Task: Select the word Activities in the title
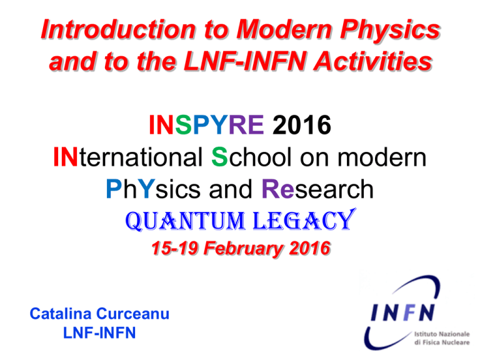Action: coord(373,61)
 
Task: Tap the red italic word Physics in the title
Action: coord(390,31)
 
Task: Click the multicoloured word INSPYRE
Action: coord(206,124)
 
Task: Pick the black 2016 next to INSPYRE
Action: coord(301,124)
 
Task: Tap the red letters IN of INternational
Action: coord(65,157)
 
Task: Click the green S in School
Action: coord(219,157)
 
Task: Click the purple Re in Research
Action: coord(277,189)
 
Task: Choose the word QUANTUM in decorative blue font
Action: coord(186,221)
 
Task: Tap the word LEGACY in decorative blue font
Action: coord(304,219)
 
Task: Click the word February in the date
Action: coord(244,248)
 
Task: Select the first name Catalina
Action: coord(60,314)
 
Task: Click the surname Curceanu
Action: coord(132,314)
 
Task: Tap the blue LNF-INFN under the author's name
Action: coord(99,332)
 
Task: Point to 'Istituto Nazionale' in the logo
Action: coord(442,334)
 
